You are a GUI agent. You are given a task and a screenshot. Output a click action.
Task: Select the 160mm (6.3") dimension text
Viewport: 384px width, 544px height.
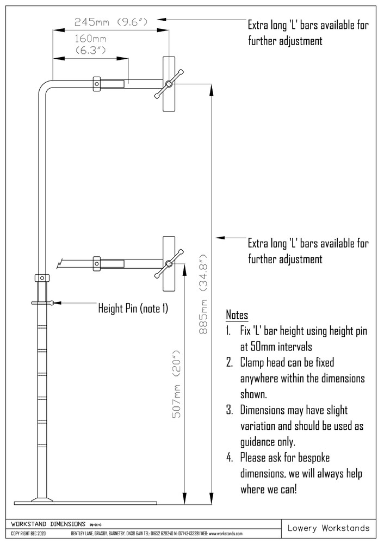point(90,45)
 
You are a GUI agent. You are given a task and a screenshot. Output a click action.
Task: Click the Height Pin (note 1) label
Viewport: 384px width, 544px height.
point(133,308)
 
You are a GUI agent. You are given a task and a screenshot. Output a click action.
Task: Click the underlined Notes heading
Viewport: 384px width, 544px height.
point(237,316)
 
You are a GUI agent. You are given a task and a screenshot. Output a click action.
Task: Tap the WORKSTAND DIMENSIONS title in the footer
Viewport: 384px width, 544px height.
point(49,523)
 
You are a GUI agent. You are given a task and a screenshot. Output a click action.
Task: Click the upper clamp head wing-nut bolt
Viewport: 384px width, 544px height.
point(169,84)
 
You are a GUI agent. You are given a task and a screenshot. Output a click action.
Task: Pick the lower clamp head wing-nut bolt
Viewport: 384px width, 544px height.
point(169,264)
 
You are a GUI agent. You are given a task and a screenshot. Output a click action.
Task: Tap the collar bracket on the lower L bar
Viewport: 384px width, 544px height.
point(97,263)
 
